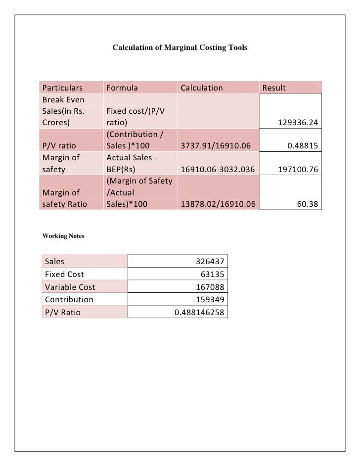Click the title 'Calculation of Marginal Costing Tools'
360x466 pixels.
pyautogui.click(x=180, y=48)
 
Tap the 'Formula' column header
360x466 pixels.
pyautogui.click(x=122, y=88)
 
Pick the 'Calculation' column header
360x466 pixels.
pyautogui.click(x=202, y=88)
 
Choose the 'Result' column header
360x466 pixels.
pyautogui.click(x=274, y=88)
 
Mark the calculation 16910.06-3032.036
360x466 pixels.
pyautogui.click(x=218, y=170)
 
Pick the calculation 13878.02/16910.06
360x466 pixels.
pyautogui.click(x=218, y=203)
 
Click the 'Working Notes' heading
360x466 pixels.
pyautogui.click(x=62, y=236)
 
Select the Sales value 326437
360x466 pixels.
pyautogui.click(x=208, y=261)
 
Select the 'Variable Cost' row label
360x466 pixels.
pyautogui.click(x=70, y=287)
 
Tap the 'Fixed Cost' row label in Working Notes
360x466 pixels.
pyautogui.click(x=64, y=274)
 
